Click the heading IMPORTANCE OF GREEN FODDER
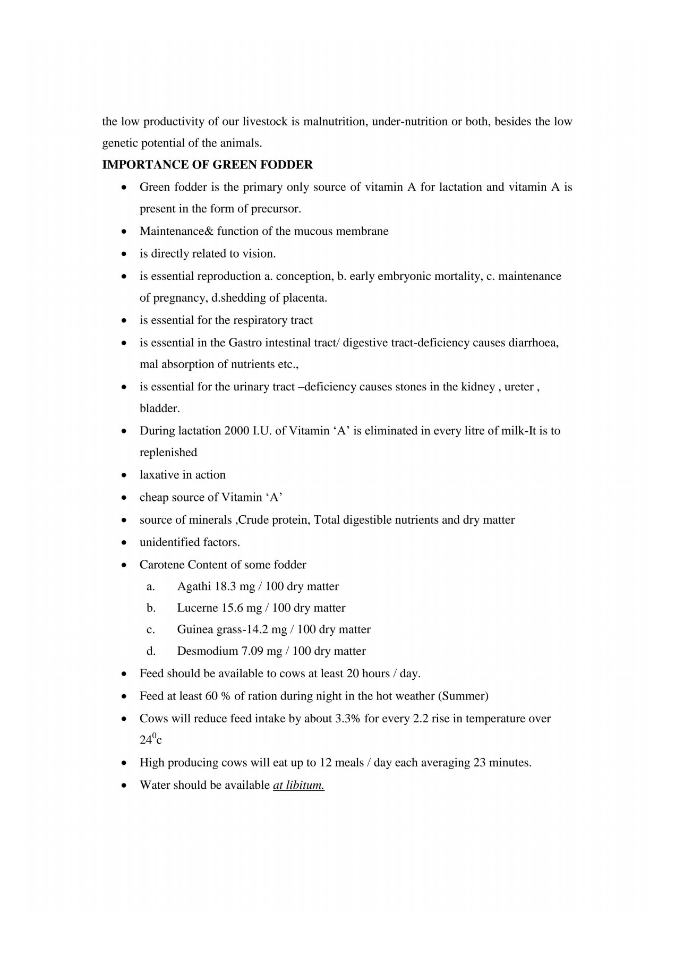[x=207, y=165]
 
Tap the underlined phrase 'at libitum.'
[x=298, y=785]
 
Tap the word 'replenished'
[x=168, y=453]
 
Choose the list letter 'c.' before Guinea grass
[x=151, y=629]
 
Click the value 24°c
[x=151, y=739]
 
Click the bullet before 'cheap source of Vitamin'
[x=124, y=498]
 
